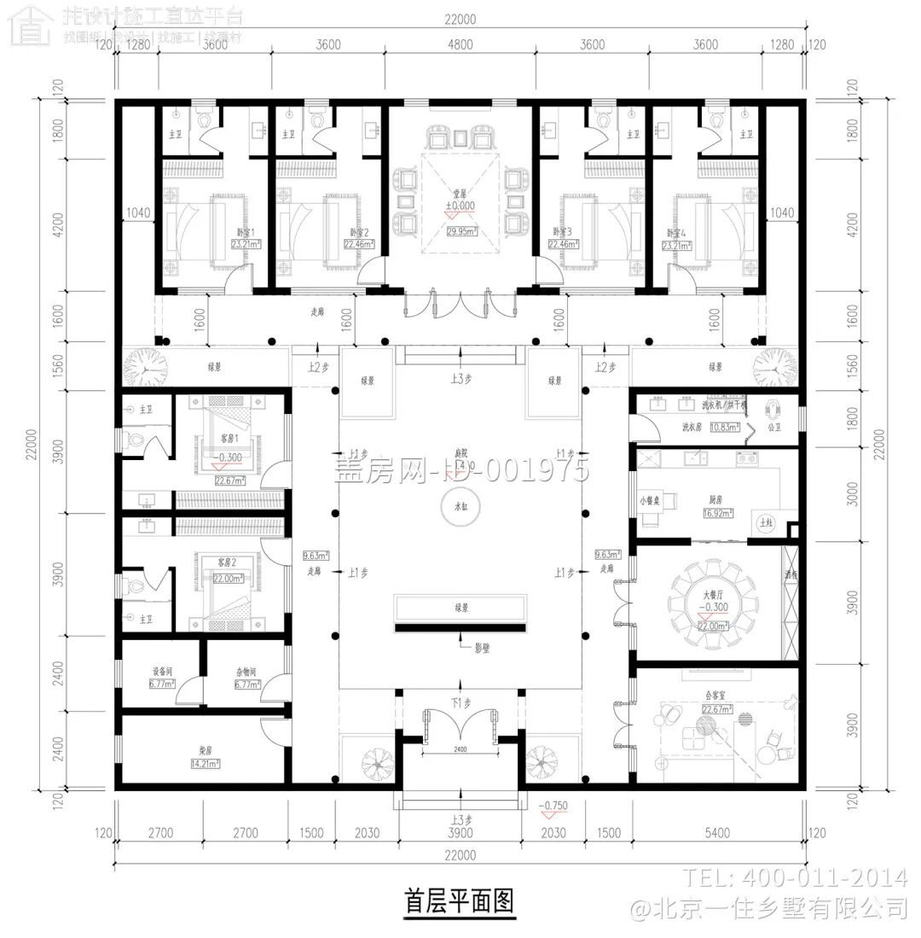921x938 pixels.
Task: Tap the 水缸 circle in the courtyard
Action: (x=460, y=508)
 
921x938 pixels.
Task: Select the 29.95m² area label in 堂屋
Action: (x=461, y=229)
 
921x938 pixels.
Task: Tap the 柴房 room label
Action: (x=206, y=750)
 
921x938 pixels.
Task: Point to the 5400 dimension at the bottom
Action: (x=720, y=833)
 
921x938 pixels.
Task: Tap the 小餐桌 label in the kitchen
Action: (x=648, y=501)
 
